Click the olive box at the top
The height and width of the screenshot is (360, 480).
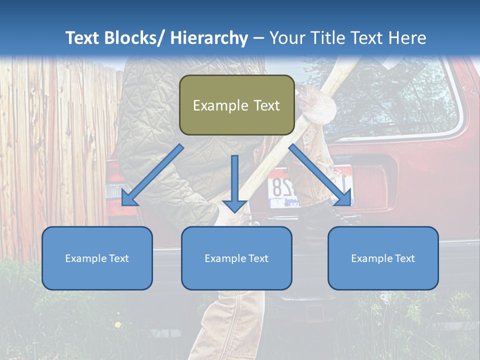point(236,105)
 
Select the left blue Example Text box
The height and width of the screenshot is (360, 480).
point(97,258)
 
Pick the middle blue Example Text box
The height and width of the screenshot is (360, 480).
point(236,258)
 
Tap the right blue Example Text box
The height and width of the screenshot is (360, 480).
point(383,258)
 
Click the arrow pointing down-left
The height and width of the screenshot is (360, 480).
point(152,175)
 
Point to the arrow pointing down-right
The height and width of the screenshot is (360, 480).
point(320,175)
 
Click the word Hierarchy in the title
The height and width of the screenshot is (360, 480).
point(209,38)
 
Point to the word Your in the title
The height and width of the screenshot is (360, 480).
point(286,38)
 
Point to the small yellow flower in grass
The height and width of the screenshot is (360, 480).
point(117,325)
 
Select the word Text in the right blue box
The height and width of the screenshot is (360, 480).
point(404,258)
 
